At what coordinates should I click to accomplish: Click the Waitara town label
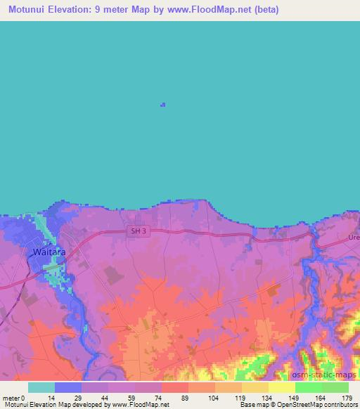(x=48, y=252)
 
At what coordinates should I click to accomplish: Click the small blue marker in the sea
(x=163, y=105)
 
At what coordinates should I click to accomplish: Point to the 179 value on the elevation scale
(x=347, y=398)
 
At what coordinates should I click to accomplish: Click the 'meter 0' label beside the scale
(x=13, y=398)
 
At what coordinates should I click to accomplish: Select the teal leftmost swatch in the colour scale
(x=41, y=387)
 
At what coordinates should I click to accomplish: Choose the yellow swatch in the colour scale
(x=281, y=387)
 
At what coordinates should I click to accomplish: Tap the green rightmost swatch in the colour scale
(x=335, y=387)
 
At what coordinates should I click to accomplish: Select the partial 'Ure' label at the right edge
(x=353, y=239)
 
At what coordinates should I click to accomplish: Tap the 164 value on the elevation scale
(x=320, y=398)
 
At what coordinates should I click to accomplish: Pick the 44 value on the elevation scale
(x=105, y=398)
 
